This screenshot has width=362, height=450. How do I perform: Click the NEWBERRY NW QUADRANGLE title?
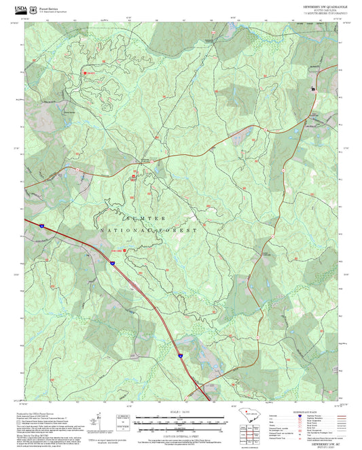(x=325, y=4)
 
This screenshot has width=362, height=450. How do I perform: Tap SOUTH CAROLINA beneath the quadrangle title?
(x=325, y=10)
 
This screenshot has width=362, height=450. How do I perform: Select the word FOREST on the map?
(x=178, y=231)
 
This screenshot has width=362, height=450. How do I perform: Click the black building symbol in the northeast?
(x=314, y=89)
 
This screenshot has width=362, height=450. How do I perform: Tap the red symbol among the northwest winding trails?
(x=85, y=73)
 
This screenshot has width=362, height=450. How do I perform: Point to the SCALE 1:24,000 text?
(x=181, y=412)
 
